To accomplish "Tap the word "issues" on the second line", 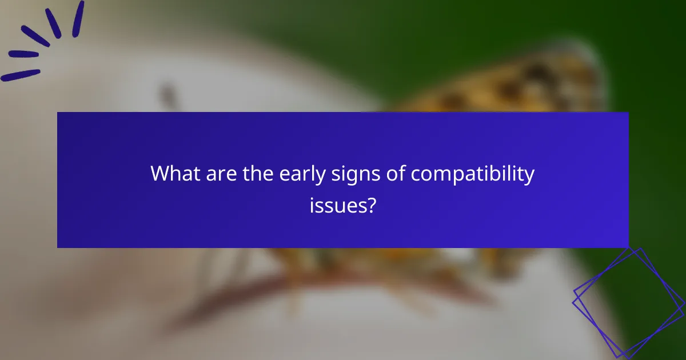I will (338, 205).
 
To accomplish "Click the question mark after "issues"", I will (372, 205).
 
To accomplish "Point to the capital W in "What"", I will (160, 174).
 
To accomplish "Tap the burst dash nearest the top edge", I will (78, 17).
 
